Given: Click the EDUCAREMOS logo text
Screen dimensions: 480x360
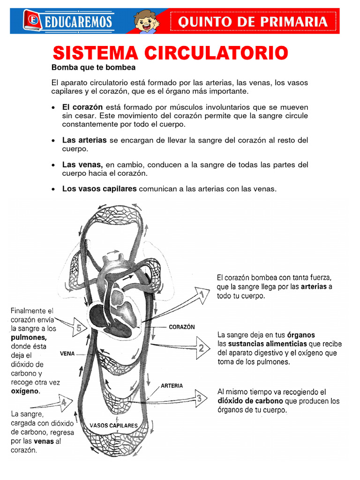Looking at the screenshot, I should (78, 22).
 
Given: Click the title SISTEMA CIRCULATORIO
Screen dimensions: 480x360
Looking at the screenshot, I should (170, 52).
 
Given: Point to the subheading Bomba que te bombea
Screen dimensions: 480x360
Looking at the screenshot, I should (93, 67).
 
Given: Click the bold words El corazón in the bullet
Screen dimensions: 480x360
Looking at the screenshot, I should (82, 107).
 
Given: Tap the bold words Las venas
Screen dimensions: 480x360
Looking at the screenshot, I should (82, 165).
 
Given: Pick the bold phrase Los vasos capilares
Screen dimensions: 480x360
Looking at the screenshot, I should (99, 189).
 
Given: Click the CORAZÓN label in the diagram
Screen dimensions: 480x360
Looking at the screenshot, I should (181, 327).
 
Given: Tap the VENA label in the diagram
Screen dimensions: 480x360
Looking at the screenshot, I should (67, 354).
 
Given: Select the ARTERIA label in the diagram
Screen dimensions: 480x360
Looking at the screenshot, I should (172, 386).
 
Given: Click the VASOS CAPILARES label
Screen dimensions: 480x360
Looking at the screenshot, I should (113, 426).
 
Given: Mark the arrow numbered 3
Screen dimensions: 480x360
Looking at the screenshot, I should (198, 398).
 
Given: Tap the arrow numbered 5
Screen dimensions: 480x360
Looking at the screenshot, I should (78, 329).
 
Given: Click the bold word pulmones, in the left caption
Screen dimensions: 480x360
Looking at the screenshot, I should (29, 337).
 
